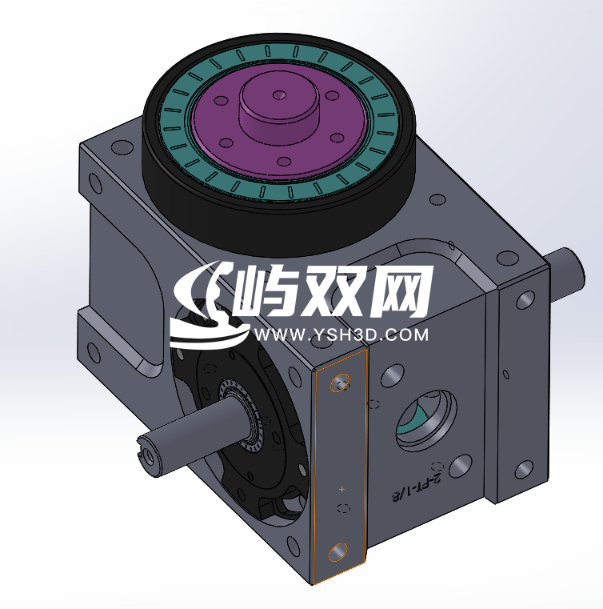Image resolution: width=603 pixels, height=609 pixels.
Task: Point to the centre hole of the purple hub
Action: coord(279,95)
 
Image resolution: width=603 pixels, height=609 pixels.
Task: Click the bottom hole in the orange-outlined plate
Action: coord(337,551)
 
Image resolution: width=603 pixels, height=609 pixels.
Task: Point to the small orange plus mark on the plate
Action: coord(341,488)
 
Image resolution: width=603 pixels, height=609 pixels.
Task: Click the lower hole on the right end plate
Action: coord(524,471)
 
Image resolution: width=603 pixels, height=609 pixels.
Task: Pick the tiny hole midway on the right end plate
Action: coord(505,375)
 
